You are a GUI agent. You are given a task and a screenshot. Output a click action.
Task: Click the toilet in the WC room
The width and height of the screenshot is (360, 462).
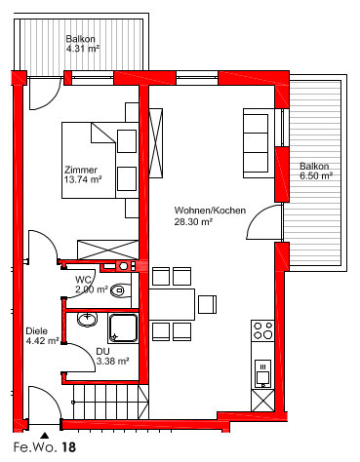point(120,289)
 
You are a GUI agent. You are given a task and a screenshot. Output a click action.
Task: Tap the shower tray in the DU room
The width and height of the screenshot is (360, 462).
point(123,328)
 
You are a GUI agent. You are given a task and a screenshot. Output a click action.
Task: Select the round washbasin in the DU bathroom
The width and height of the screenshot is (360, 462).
point(87,319)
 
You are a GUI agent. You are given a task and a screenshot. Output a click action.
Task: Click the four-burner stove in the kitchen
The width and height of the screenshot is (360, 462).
point(262,330)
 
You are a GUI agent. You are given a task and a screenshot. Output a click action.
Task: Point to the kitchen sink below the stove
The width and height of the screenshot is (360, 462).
point(262,373)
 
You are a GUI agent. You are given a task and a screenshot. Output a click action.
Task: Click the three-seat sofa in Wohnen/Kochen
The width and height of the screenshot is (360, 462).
point(259,143)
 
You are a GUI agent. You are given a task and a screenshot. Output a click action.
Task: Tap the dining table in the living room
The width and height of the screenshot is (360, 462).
point(172,304)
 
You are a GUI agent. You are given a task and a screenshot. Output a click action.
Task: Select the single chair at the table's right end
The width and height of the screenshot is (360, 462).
point(207,304)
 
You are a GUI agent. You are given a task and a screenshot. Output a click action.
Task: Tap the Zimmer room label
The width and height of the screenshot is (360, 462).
point(81,170)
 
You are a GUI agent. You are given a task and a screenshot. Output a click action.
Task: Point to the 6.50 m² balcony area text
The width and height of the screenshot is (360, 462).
point(316,175)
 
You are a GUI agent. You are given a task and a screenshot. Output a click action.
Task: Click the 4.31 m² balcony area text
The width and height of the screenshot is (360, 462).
point(83,49)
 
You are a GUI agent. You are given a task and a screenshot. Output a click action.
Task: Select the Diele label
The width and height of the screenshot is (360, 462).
point(36,331)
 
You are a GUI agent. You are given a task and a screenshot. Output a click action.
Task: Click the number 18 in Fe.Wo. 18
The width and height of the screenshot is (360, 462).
point(68,447)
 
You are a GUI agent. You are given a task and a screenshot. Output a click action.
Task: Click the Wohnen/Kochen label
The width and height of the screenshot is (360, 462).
point(210,211)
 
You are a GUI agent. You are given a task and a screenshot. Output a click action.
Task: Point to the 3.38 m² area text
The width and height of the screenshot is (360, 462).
point(112,361)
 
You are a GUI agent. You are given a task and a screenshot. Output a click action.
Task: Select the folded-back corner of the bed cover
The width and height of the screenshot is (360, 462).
point(103,133)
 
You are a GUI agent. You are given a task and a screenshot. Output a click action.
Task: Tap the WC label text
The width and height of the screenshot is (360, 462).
point(83,280)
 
